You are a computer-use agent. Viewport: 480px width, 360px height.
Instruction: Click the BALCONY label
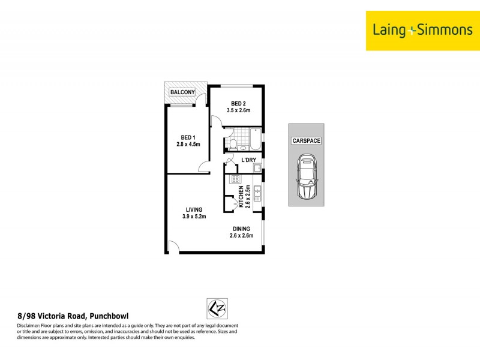click(x=182, y=92)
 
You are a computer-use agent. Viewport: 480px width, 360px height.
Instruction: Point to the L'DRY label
click(x=248, y=160)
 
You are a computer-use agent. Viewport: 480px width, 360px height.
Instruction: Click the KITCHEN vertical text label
click(x=241, y=196)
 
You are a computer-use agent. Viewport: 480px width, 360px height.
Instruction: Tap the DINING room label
click(x=241, y=229)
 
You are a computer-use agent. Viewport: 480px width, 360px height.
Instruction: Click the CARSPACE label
click(x=306, y=140)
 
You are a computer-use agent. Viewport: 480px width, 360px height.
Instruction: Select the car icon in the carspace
click(x=307, y=178)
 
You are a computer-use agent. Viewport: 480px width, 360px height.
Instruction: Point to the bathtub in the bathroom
click(x=255, y=139)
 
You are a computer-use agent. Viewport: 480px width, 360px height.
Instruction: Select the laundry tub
click(x=257, y=169)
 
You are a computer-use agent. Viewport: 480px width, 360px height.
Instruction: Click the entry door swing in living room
click(x=173, y=246)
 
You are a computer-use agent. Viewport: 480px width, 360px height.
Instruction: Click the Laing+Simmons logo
click(x=423, y=30)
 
